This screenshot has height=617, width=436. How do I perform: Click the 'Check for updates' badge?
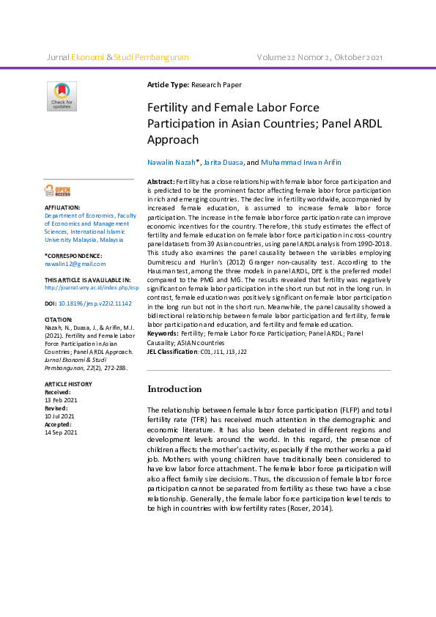tap(62, 97)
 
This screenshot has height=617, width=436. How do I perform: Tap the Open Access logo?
tap(59, 191)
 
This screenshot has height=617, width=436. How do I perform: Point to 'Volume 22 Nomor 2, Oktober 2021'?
tap(320, 56)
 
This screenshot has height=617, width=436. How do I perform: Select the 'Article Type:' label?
tap(169, 86)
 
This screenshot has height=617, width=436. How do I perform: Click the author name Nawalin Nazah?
tap(171, 162)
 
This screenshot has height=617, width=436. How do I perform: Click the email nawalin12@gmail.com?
tap(75, 264)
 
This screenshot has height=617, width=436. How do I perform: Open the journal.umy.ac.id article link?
tap(92, 288)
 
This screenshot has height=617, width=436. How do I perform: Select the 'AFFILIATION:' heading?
tap(62, 208)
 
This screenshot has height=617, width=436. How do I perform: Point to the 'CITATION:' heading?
tap(59, 319)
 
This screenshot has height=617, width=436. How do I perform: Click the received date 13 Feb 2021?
tap(61, 400)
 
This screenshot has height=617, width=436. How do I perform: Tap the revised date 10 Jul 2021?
tap(60, 416)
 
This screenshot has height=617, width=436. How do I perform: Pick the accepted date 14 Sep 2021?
tap(61, 432)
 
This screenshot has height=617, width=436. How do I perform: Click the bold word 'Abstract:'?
tap(161, 180)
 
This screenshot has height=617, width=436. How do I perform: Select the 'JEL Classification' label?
tap(173, 352)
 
